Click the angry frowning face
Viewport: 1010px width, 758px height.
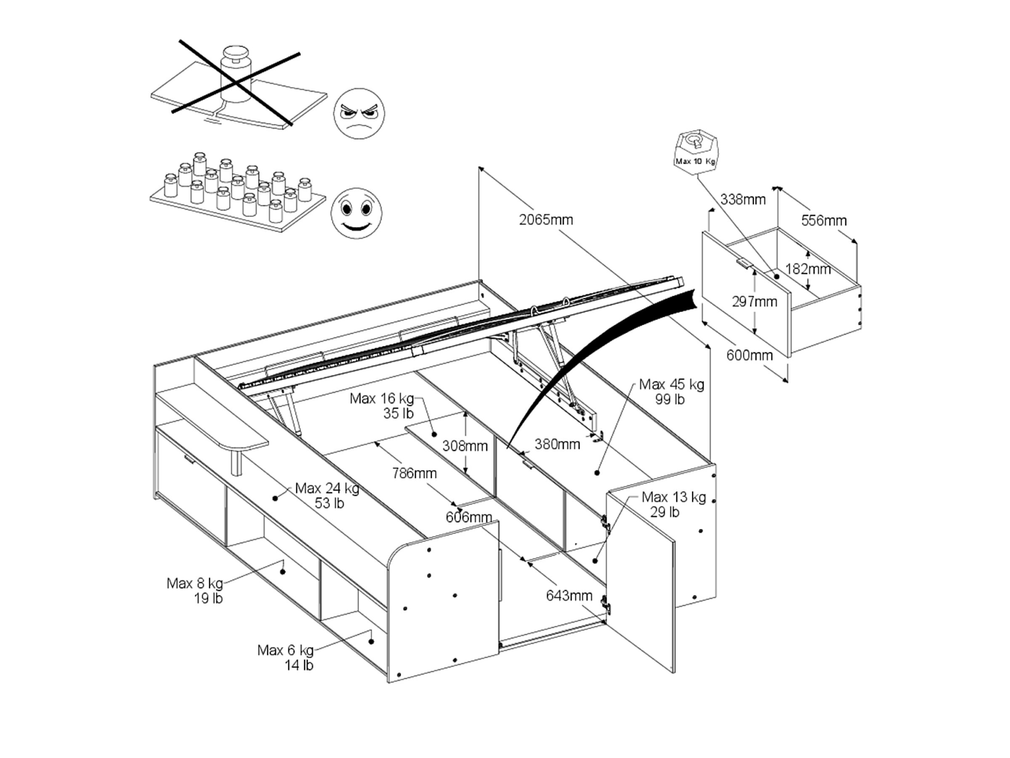click(x=359, y=114)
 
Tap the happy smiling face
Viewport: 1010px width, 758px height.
click(x=356, y=213)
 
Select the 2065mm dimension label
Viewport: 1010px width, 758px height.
click(x=546, y=220)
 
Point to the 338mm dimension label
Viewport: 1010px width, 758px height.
click(x=743, y=199)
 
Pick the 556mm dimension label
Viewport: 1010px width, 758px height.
click(x=824, y=221)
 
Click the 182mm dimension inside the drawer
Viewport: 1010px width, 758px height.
click(x=808, y=269)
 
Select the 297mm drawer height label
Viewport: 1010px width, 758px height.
click(x=754, y=302)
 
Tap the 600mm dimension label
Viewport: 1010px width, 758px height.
click(x=749, y=355)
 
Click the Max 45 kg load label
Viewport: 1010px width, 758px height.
click(x=671, y=392)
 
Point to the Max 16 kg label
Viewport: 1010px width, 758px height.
click(x=382, y=406)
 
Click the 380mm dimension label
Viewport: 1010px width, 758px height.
click(x=557, y=444)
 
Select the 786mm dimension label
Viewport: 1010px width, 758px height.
click(x=414, y=473)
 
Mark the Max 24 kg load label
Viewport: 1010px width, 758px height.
click(x=327, y=496)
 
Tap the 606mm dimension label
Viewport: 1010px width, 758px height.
click(x=469, y=517)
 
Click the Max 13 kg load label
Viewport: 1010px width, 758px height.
click(x=673, y=504)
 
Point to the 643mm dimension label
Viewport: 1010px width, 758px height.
click(x=569, y=596)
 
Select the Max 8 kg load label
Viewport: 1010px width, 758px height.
click(x=195, y=591)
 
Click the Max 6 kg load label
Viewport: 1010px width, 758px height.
click(x=286, y=657)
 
